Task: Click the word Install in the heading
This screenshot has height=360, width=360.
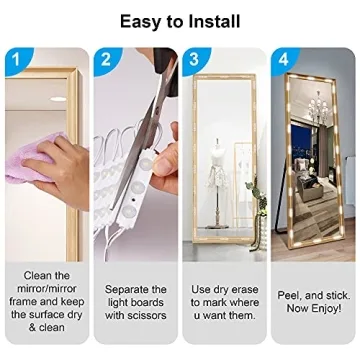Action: click(x=214, y=22)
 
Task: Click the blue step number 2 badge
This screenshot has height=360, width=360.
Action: click(x=106, y=60)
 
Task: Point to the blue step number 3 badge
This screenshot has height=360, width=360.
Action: click(x=195, y=59)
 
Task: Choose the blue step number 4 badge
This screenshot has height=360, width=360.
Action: click(x=283, y=60)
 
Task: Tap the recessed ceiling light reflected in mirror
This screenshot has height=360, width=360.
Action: click(x=58, y=99)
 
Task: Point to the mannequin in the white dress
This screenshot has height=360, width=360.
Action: click(x=217, y=180)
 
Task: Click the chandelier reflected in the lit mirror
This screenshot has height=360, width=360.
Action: click(x=319, y=108)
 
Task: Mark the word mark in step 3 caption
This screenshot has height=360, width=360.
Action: click(x=215, y=303)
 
